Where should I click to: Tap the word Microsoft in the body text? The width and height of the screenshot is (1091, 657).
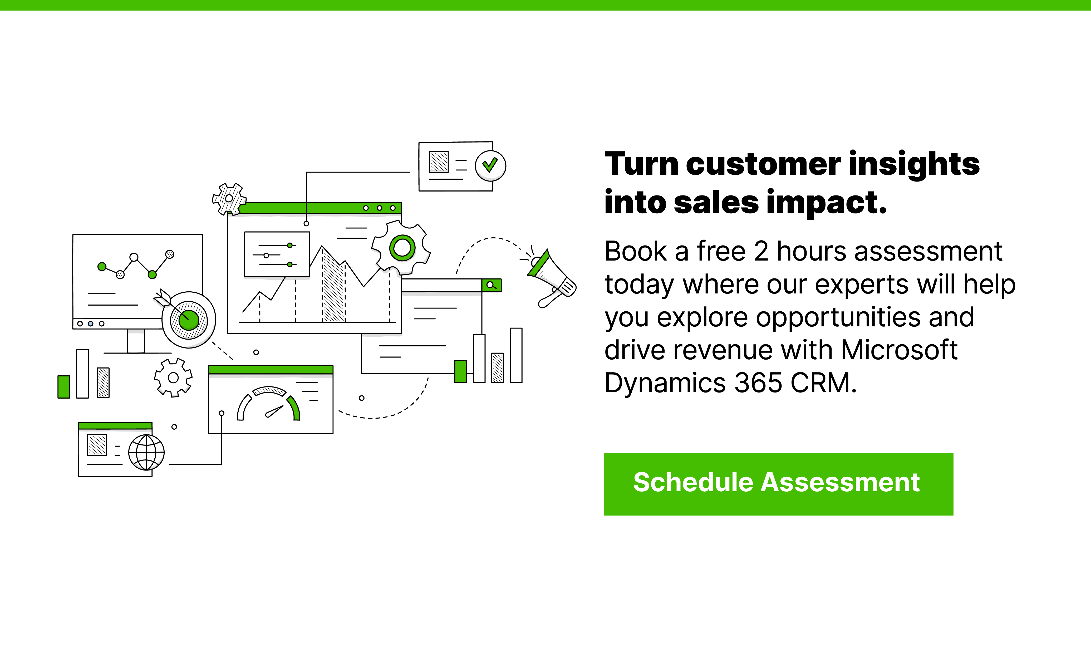click(899, 350)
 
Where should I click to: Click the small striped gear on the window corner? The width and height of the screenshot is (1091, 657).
click(229, 199)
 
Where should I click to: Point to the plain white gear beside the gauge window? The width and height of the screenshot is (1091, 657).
click(173, 378)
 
